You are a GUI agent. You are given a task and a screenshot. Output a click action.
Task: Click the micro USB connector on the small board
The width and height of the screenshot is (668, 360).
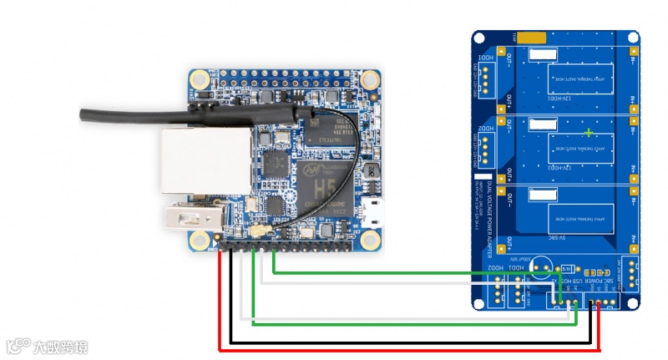[x=374, y=210]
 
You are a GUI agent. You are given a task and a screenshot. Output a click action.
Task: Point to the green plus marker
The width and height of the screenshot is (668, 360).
[x=590, y=133]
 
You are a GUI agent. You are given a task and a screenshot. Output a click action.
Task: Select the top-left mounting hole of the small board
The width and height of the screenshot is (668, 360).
[x=200, y=80]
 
